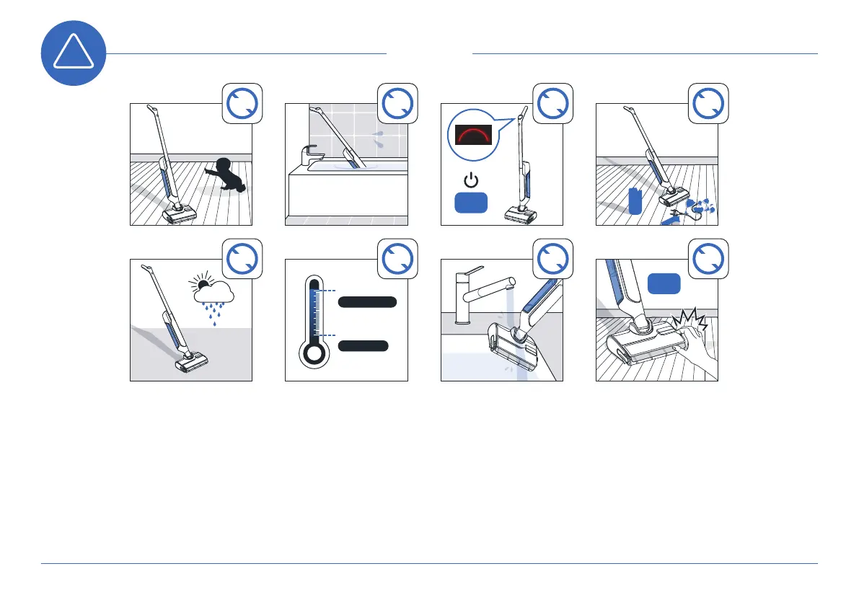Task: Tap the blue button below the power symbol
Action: [x=471, y=203]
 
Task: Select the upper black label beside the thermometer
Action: [x=367, y=302]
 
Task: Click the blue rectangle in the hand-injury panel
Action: [x=664, y=283]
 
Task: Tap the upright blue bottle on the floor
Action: [x=635, y=200]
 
